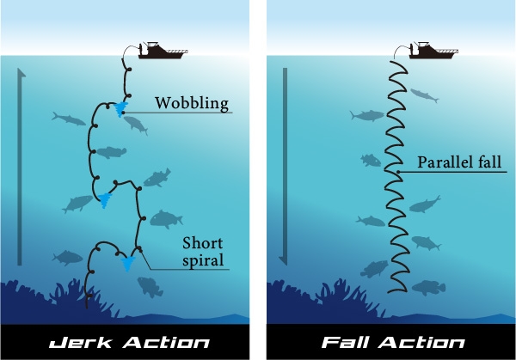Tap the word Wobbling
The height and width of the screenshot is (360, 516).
pyautogui.click(x=191, y=104)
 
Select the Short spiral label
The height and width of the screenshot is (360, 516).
pyautogui.click(x=204, y=250)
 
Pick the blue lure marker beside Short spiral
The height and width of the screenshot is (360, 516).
pyautogui.click(x=129, y=263)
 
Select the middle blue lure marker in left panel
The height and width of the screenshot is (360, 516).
pyautogui.click(x=105, y=200)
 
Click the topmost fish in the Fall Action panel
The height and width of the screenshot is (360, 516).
pyautogui.click(x=424, y=95)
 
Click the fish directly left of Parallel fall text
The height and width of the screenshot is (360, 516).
pyautogui.click(x=370, y=160)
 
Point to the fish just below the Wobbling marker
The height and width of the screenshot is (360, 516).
pyautogui.click(x=135, y=124)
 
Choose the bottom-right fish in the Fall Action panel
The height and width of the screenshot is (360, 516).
pyautogui.click(x=427, y=287)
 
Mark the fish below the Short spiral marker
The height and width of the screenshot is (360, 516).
pyautogui.click(x=150, y=286)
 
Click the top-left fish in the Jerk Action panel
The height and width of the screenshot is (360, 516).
pyautogui.click(x=64, y=116)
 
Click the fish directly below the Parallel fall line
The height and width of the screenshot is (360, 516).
pyautogui.click(x=425, y=204)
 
